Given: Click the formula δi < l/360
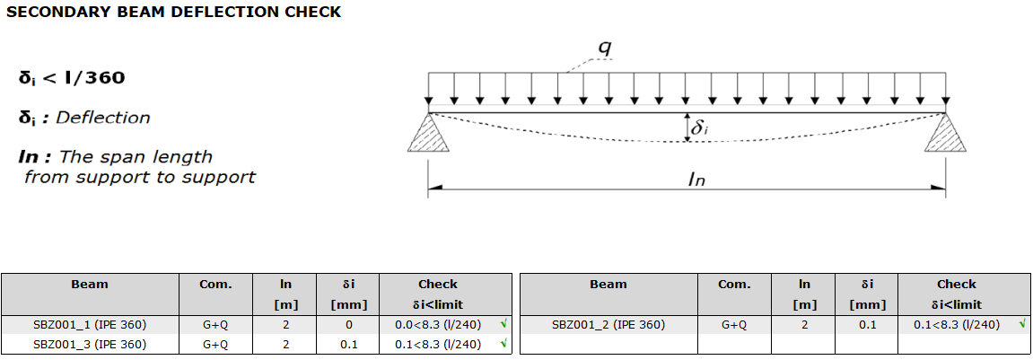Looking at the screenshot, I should point(72,78).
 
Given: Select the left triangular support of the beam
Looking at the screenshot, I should point(427,133).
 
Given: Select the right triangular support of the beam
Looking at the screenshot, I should point(945,133).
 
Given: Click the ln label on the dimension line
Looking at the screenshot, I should point(697,180).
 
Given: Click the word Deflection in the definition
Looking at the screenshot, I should point(103,118).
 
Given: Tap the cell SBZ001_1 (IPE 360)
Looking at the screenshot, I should point(90,325).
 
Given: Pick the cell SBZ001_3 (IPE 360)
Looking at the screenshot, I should point(90,344).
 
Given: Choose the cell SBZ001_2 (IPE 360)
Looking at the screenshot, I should point(608,325).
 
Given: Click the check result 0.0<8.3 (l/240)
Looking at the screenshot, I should point(437,325).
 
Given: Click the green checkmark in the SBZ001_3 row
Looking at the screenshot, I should point(503,343).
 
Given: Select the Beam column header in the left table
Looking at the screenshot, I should point(90,285).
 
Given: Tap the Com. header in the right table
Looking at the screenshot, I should point(734,285).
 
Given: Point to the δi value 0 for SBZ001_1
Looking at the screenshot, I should point(348,325).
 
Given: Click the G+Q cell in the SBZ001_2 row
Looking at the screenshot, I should point(734,325).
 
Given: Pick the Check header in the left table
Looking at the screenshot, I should point(437,285).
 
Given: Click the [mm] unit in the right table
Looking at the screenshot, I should point(867,304).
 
